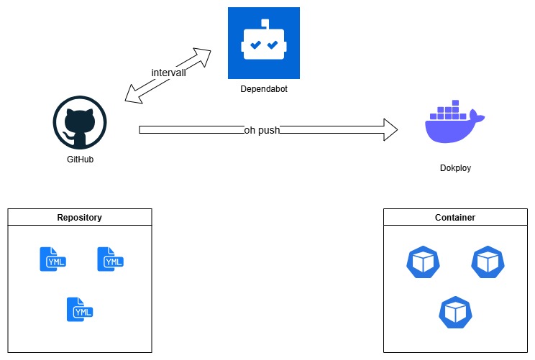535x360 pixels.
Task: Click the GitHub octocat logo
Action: pyautogui.click(x=80, y=122)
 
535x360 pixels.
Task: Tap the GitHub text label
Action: pyautogui.click(x=81, y=160)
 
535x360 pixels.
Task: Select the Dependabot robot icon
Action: pyautogui.click(x=264, y=43)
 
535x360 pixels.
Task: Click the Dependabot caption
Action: pyautogui.click(x=264, y=89)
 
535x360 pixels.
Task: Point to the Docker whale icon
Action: pyautogui.click(x=454, y=121)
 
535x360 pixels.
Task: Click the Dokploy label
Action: pyautogui.click(x=455, y=168)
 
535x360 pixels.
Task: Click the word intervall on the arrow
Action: pyautogui.click(x=168, y=73)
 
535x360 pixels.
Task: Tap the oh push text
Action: pyautogui.click(x=262, y=130)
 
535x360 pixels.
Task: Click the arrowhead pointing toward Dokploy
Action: pyautogui.click(x=390, y=129)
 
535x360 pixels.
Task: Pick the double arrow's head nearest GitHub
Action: pyautogui.click(x=134, y=94)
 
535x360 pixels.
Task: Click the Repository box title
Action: pyautogui.click(x=80, y=217)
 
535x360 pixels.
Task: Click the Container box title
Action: pyautogui.click(x=455, y=217)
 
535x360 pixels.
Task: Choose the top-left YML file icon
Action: pyautogui.click(x=53, y=259)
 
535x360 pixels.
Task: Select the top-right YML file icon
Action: pyautogui.click(x=111, y=259)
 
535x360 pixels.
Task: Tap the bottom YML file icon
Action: pyautogui.click(x=80, y=309)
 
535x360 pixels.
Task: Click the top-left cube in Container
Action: pyautogui.click(x=423, y=262)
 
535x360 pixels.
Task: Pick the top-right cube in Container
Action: pyautogui.click(x=488, y=262)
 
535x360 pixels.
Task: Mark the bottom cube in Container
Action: pyautogui.click(x=455, y=313)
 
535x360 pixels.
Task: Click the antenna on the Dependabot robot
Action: pyautogui.click(x=265, y=23)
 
